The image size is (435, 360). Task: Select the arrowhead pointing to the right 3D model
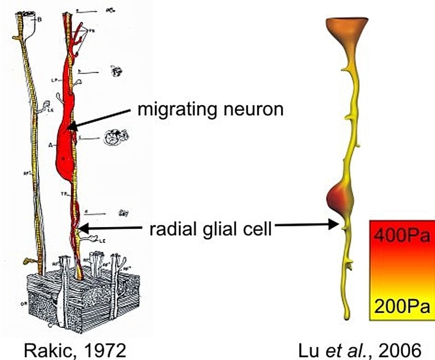[x=334, y=225]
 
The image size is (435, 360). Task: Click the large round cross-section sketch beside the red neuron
[x=113, y=138]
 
